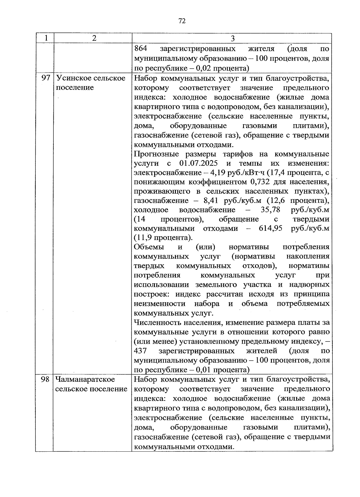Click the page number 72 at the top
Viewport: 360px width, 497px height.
click(182, 21)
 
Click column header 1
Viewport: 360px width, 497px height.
click(45, 38)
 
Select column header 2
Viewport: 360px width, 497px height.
click(94, 38)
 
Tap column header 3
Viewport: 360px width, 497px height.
click(232, 38)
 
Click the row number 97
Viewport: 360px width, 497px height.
click(45, 78)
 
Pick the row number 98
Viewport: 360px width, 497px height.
click(45, 379)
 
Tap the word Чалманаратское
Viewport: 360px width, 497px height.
click(85, 379)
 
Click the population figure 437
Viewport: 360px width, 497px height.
click(140, 351)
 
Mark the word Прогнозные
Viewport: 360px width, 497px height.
click(156, 154)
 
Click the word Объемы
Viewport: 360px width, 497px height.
click(149, 247)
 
